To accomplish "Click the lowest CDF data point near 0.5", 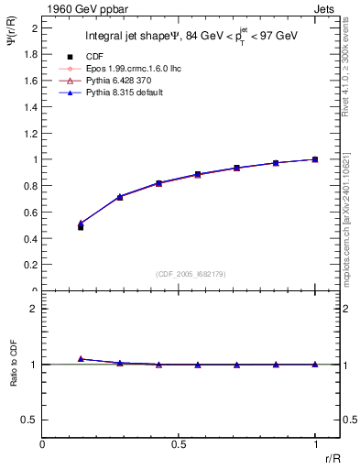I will (81, 227).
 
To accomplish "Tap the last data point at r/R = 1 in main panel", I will (315, 159).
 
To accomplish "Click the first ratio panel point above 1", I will (81, 359).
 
